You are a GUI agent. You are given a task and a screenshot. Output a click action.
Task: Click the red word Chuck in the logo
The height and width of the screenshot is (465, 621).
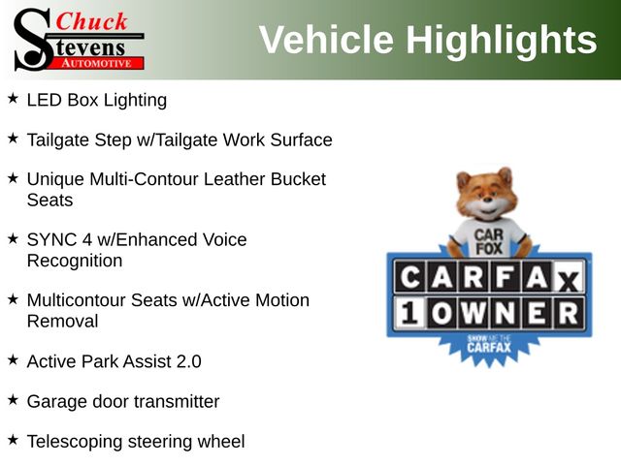click(91, 21)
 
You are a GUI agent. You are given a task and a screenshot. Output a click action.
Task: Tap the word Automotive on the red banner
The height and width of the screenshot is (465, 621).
click(96, 63)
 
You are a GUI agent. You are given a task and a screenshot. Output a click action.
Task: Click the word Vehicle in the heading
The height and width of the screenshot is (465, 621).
click(326, 39)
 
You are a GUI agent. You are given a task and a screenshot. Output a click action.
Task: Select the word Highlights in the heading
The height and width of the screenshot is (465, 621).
click(502, 41)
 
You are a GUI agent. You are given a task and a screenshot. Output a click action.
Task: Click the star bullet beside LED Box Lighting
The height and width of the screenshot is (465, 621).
click(13, 98)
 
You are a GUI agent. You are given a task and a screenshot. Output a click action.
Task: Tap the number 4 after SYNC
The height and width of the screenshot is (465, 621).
click(87, 239)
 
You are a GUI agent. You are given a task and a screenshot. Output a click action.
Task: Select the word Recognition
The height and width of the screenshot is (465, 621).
click(75, 262)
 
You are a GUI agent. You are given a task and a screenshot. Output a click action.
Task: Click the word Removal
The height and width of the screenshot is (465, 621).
click(62, 321)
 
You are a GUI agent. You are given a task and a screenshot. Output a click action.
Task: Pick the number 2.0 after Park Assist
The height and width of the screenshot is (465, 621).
click(188, 361)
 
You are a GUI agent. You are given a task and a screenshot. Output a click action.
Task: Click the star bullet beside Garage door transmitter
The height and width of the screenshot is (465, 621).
click(13, 399)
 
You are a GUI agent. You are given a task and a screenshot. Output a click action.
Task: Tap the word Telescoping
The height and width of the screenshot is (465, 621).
click(75, 442)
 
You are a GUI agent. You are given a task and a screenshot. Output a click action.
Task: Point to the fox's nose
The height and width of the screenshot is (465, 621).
click(487, 201)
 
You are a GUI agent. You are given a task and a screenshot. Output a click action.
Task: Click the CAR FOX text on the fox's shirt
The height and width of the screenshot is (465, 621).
click(489, 241)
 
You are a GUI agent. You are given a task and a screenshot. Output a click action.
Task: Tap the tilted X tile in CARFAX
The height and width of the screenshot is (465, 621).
click(568, 280)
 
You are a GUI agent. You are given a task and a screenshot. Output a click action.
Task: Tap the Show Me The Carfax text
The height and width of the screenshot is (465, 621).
click(489, 344)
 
